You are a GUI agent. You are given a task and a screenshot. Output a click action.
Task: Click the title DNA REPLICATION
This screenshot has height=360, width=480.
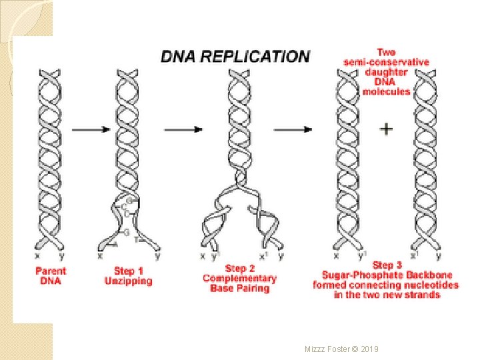(x=235, y=57)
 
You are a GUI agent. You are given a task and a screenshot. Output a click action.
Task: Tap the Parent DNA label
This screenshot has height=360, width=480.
(x=51, y=276)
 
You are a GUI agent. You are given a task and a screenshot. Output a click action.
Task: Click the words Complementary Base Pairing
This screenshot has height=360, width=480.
(x=239, y=283)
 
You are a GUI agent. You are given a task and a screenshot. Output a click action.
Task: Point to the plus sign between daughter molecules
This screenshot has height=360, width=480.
(x=386, y=129)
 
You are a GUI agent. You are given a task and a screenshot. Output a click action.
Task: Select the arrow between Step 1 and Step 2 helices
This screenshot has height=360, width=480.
(x=183, y=129)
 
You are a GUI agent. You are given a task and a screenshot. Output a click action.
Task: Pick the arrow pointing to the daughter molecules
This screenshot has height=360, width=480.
(x=293, y=129)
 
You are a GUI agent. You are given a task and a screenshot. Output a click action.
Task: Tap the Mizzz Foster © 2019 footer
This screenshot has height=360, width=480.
(x=341, y=348)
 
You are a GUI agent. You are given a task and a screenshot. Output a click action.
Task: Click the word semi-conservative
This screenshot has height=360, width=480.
(x=386, y=62)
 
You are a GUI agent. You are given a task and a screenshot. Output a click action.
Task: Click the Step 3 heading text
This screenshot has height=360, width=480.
(x=387, y=265)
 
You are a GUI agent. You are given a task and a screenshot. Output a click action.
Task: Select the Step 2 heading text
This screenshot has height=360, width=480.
(x=239, y=269)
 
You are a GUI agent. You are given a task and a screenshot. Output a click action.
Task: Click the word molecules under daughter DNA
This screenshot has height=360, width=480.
(x=386, y=91)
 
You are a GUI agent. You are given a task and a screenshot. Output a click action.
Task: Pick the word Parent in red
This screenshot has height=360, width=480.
(x=51, y=271)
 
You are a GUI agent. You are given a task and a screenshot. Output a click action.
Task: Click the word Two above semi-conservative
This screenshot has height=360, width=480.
(x=386, y=52)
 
